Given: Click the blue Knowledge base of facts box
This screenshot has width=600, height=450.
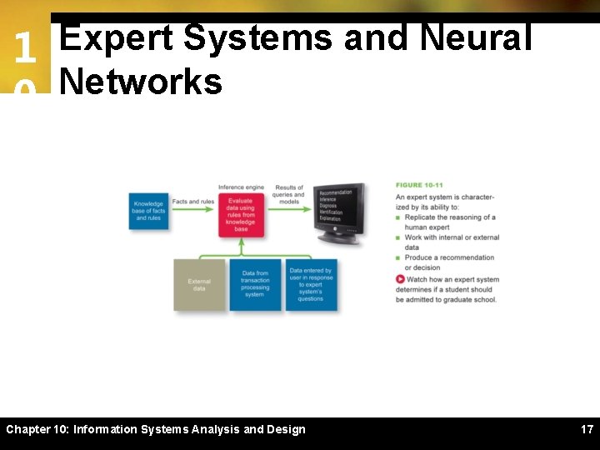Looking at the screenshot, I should point(148,211).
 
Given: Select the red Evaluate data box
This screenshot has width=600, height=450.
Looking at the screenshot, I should point(241,213).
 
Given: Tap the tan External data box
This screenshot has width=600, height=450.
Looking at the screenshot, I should point(199,285).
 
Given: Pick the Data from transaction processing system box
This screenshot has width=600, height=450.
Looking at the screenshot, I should point(255,284).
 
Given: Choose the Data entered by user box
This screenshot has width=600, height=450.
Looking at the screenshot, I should point(311,284).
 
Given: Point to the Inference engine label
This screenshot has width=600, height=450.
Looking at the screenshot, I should point(241,187).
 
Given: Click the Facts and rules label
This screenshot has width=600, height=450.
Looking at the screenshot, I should point(193,202).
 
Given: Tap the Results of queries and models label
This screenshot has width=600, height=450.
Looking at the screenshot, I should point(289,194).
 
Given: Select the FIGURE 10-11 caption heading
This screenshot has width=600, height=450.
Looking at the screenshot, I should point(419,185).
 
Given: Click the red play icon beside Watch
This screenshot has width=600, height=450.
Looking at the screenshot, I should point(400,279).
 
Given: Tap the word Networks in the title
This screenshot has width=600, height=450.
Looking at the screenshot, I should point(141,82).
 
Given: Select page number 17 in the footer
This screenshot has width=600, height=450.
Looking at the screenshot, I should point(587,430).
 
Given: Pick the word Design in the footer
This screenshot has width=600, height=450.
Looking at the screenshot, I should point(285,430).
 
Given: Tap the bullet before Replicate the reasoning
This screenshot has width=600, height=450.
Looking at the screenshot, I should point(399,217).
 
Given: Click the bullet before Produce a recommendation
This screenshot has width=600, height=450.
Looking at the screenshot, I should point(399,258).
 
